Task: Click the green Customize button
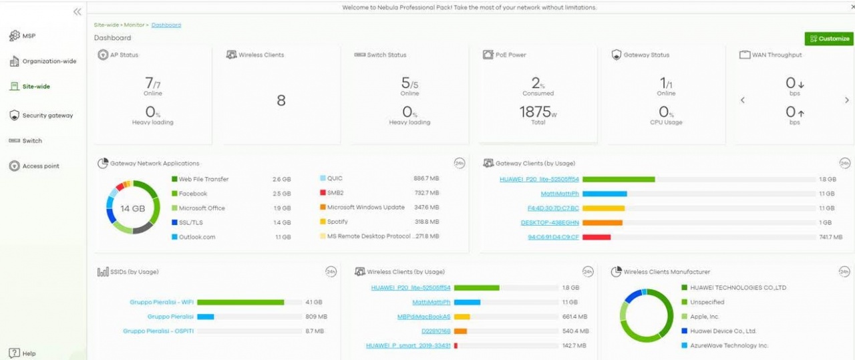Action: click(829, 39)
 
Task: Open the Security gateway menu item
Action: click(47, 116)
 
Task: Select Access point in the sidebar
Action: click(40, 166)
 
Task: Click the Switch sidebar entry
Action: click(31, 141)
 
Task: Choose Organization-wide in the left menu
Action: click(49, 61)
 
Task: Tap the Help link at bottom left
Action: click(28, 353)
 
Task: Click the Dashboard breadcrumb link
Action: click(166, 25)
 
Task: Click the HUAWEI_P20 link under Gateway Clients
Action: click(539, 179)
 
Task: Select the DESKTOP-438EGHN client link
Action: click(550, 222)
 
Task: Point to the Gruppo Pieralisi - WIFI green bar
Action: click(240, 302)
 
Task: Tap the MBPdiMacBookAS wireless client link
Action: click(424, 317)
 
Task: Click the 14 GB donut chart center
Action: click(132, 208)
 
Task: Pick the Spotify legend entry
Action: click(337, 222)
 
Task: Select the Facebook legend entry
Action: click(193, 194)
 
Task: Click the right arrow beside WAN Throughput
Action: click(847, 100)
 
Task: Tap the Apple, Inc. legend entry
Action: click(704, 317)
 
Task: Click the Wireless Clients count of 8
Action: click(281, 100)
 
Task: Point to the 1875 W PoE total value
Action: click(538, 112)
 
